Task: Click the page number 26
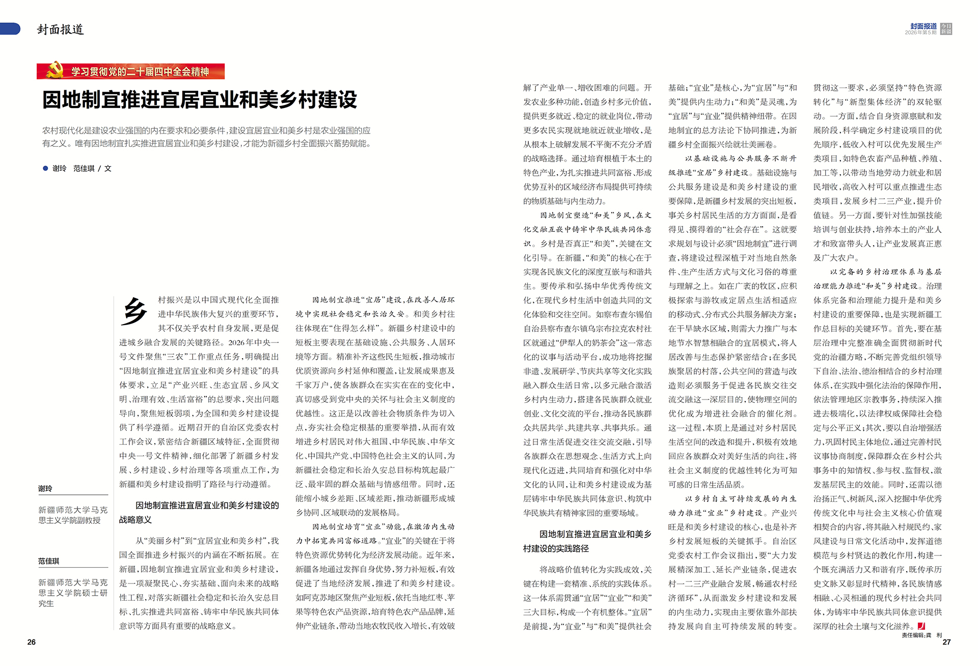(32, 642)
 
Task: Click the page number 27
(946, 642)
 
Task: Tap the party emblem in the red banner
(54, 71)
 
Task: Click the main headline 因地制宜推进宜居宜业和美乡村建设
(200, 100)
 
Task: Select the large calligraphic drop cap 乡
(134, 311)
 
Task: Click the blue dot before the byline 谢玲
(45, 168)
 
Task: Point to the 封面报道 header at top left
(60, 30)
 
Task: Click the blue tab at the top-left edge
(10, 29)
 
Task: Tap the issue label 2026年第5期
(920, 33)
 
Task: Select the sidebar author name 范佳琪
(49, 561)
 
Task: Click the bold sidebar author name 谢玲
(45, 488)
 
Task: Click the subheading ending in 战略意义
(199, 512)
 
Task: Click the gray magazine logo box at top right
(946, 29)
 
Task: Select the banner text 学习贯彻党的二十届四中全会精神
(140, 72)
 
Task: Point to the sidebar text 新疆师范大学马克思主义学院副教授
(73, 515)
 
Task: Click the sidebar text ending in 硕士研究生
(73, 593)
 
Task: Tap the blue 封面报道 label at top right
(923, 26)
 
